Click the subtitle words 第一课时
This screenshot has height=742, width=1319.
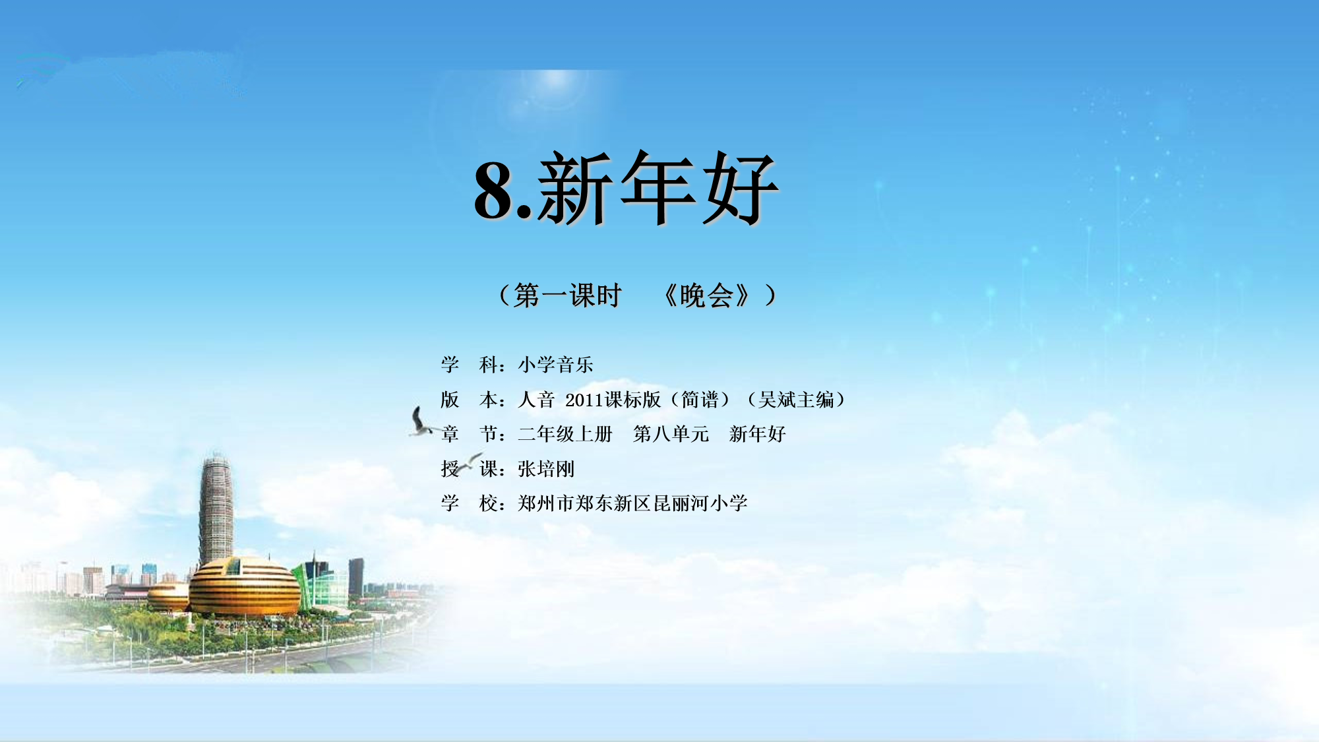click(568, 295)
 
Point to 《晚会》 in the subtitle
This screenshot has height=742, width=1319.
click(706, 295)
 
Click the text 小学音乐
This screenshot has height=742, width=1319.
click(555, 365)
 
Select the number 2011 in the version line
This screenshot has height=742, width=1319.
click(584, 400)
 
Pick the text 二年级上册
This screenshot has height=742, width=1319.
click(565, 434)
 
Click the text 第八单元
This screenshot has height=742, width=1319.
click(671, 434)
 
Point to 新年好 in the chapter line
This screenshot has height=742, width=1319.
click(758, 434)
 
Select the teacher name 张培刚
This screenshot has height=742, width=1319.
click(546, 469)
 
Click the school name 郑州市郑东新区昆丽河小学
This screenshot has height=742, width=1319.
click(632, 503)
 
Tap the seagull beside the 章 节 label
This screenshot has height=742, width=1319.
click(420, 421)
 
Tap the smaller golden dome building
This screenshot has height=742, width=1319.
click(168, 596)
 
